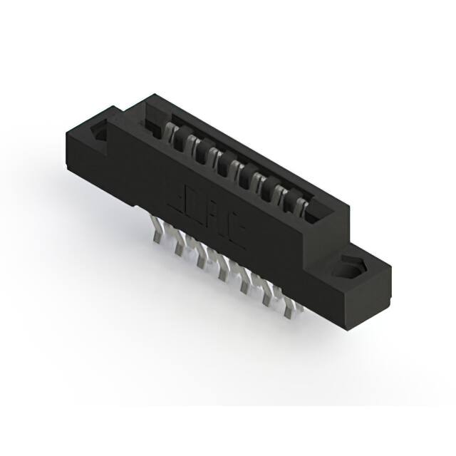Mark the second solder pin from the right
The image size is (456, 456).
[x=269, y=297]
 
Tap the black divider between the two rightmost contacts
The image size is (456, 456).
[x=290, y=198]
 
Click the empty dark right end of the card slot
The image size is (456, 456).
[x=321, y=214]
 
